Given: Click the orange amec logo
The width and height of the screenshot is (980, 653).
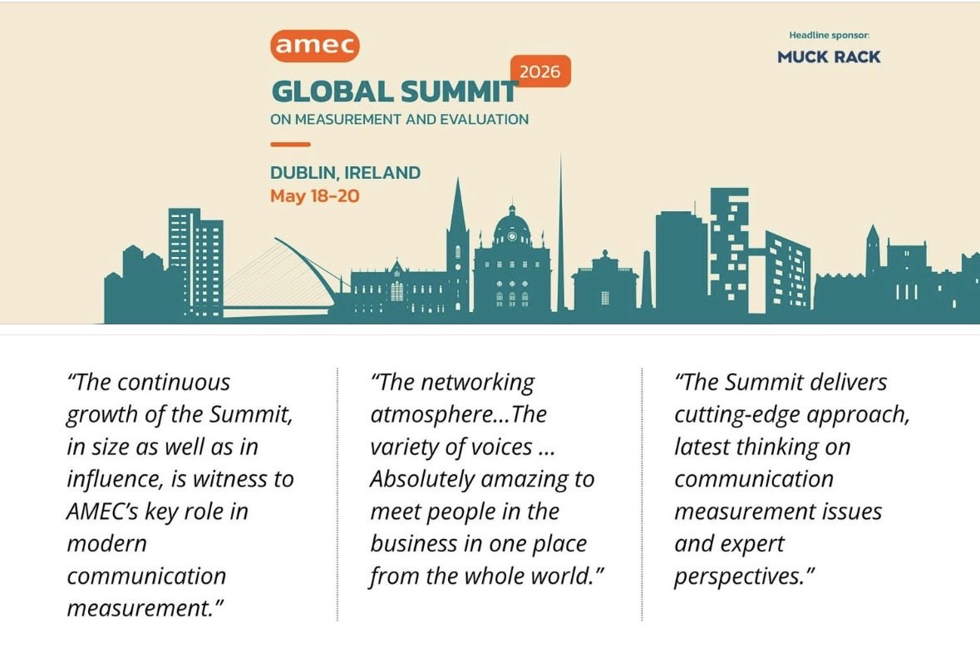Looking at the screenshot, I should (x=315, y=45).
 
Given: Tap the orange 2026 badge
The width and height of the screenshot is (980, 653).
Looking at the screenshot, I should (x=539, y=72).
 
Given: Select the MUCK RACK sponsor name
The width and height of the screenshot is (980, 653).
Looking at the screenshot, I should (x=829, y=57).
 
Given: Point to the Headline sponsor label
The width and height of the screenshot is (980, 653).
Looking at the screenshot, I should (x=828, y=36).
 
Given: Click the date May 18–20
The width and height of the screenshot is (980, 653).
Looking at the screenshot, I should (x=315, y=197).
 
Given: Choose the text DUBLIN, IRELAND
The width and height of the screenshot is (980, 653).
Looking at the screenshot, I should (x=345, y=173).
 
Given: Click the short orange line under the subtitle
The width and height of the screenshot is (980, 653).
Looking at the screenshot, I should (x=290, y=145).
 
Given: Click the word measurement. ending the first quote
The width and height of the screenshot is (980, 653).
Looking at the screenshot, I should (x=142, y=607).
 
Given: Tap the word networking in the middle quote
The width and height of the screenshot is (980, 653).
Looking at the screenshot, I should (x=479, y=383).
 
